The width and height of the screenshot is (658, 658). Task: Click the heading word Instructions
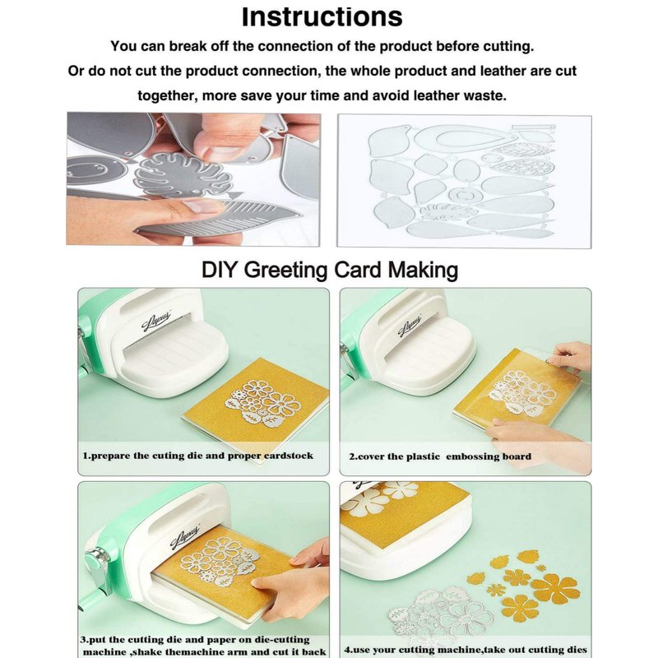pyautogui.click(x=322, y=16)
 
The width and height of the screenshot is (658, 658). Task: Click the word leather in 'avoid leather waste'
pyautogui.click(x=437, y=95)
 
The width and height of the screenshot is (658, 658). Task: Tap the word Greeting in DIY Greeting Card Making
pyautogui.click(x=285, y=270)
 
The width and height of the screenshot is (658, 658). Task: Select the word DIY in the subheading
pyautogui.click(x=220, y=270)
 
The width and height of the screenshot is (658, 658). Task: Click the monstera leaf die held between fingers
pyautogui.click(x=183, y=176)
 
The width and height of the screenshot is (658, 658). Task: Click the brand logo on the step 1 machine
pyautogui.click(x=155, y=322)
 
